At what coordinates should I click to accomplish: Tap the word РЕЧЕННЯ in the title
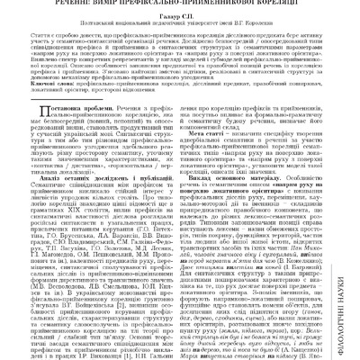coord(55,4)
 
